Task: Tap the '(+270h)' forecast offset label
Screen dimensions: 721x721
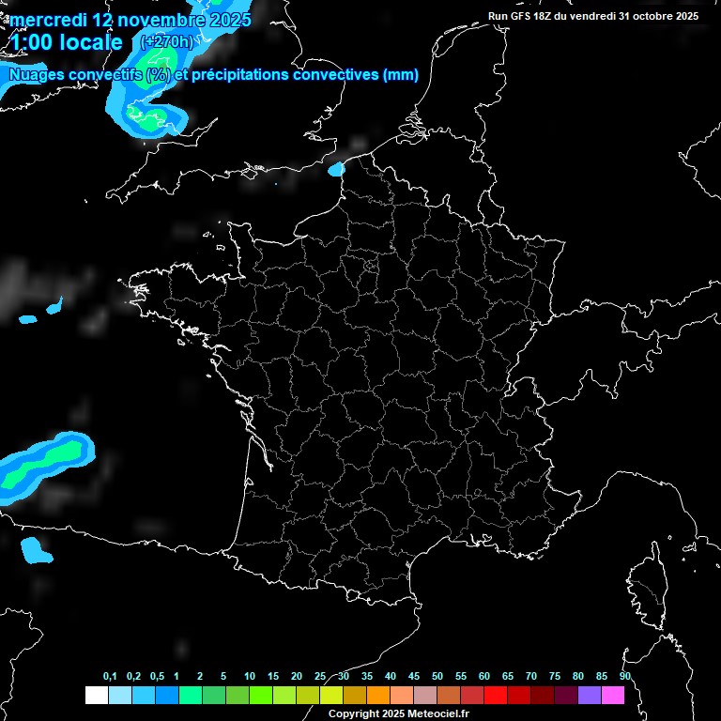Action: point(167,42)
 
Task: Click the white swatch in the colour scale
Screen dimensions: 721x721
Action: point(96,695)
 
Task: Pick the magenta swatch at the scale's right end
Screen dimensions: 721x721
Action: point(613,695)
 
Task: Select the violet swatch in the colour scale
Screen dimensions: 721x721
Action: point(590,695)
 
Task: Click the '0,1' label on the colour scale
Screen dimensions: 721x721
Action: point(110,677)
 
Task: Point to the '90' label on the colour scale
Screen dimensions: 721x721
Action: point(624,677)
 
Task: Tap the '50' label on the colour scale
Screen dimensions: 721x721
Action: point(437,677)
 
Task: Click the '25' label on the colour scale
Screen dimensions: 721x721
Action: point(320,677)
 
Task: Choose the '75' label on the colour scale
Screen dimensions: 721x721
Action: point(554,677)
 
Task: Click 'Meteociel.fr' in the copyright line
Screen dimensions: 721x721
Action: point(437,713)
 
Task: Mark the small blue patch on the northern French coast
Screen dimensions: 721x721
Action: point(336,170)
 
